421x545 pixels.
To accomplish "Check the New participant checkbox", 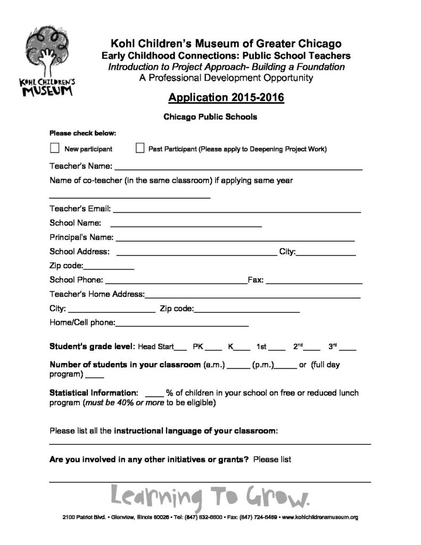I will click(54, 148).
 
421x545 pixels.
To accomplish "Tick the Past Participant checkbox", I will click(141, 148).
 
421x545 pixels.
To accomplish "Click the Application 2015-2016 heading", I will click(226, 98).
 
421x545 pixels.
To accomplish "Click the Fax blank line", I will click(314, 282).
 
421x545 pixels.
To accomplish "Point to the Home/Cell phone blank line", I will click(182, 324).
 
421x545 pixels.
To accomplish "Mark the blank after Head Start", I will click(180, 349).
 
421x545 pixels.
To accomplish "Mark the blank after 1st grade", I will click(277, 349).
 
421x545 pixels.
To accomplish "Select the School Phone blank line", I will click(176, 282).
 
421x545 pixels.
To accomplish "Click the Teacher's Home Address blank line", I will click(253, 296).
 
